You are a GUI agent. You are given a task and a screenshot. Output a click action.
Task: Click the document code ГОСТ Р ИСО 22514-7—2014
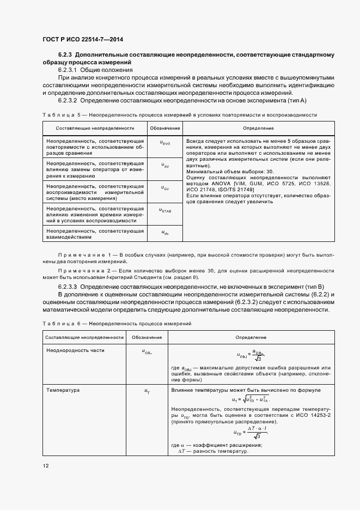click(82, 39)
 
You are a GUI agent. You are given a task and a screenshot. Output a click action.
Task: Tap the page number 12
click(46, 466)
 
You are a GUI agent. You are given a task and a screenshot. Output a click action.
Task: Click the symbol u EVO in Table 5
click(165, 143)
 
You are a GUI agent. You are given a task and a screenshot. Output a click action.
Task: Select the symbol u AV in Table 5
click(165, 165)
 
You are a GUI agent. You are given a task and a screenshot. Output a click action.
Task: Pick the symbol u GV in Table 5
click(165, 187)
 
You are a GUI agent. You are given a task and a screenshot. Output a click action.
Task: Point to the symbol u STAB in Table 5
click(165, 210)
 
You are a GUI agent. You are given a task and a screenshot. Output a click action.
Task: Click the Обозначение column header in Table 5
click(165, 128)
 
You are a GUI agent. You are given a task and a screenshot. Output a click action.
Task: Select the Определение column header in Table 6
click(251, 337)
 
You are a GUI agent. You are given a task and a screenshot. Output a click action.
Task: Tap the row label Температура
click(63, 391)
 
